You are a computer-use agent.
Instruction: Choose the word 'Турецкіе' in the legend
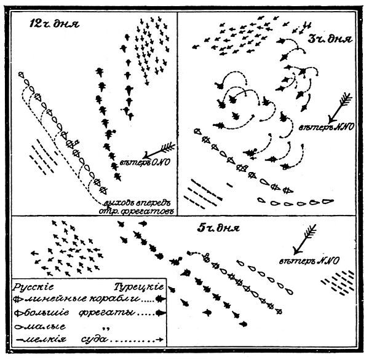coord(138,287)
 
